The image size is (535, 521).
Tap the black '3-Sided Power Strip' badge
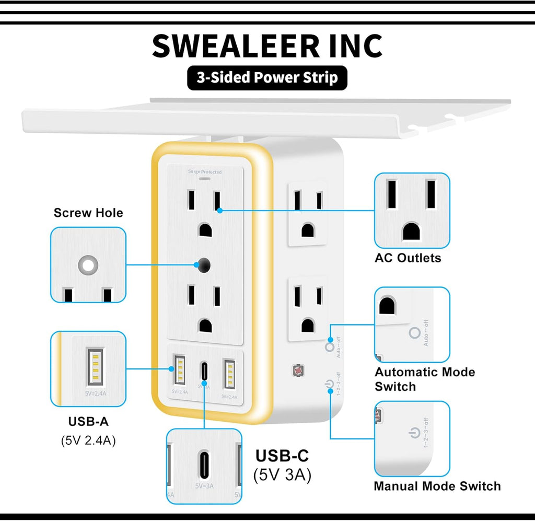(x=267, y=78)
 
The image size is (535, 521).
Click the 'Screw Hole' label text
(x=88, y=213)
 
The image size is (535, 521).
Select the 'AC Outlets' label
(x=408, y=258)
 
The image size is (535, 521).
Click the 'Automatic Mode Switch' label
(x=424, y=379)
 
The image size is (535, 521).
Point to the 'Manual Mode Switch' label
(x=437, y=485)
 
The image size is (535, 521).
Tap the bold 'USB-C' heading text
(x=282, y=456)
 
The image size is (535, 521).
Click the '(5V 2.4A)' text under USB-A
(x=88, y=440)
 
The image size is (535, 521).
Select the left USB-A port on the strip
(x=178, y=371)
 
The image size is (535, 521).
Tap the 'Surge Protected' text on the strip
(x=205, y=172)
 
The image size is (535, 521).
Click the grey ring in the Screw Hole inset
(x=88, y=265)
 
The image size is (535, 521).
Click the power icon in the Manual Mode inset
(x=413, y=433)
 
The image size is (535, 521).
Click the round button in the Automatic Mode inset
(x=415, y=333)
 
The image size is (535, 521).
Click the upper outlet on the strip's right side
(x=307, y=214)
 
